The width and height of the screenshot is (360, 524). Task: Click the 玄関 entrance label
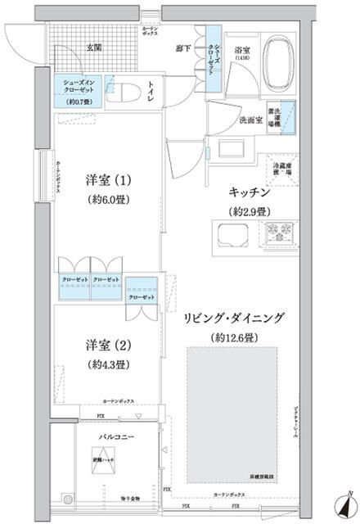[x=72, y=48]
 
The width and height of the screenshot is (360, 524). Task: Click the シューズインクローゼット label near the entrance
[x=78, y=85]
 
